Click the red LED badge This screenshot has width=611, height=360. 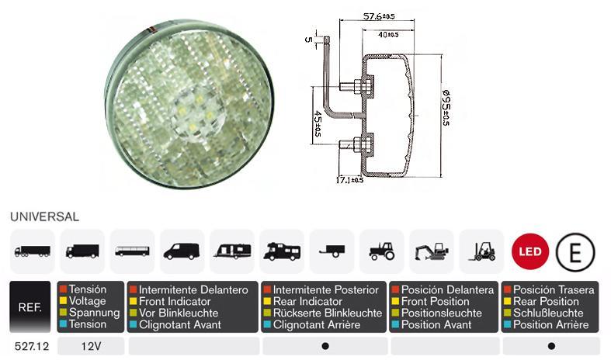(x=530, y=251)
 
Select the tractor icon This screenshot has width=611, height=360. (x=381, y=251)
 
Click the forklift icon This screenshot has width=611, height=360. (x=481, y=251)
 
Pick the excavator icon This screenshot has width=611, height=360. (x=431, y=251)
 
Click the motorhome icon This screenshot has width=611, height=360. (x=282, y=251)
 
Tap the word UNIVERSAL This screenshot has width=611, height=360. (x=44, y=218)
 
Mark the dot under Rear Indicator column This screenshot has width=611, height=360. (x=325, y=346)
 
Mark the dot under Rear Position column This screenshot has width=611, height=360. (x=551, y=346)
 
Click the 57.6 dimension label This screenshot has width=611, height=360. (x=378, y=16)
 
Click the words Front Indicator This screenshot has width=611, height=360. (x=172, y=302)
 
